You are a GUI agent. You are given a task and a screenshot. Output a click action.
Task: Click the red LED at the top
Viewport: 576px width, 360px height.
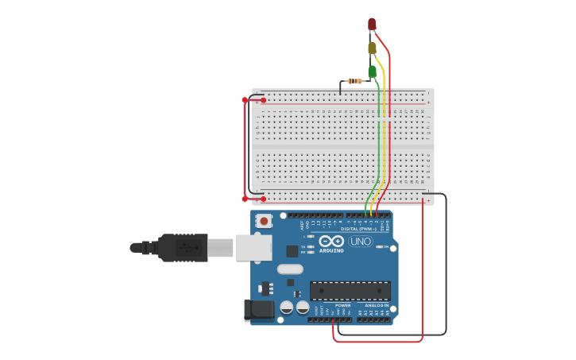coord(372,24)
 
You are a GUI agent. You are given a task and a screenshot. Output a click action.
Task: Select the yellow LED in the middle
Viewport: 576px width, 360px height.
coord(372,48)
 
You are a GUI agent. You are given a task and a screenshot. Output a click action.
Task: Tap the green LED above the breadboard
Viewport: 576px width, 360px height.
coord(372,72)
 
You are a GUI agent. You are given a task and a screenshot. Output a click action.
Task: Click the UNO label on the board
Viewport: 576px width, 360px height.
coord(360,242)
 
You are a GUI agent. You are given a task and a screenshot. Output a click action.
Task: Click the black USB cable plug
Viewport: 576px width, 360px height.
coord(183,248)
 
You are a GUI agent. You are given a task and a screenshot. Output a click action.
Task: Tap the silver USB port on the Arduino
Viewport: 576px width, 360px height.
coord(253,248)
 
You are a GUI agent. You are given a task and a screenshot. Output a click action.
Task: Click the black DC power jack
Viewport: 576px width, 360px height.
coord(258,310)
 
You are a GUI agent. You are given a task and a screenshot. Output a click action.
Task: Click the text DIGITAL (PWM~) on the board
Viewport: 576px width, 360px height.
coord(358,229)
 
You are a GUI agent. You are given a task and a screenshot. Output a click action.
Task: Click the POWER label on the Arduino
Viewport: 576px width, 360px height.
coord(342,305)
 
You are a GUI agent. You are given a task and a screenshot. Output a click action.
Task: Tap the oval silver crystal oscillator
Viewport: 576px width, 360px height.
coord(291,269)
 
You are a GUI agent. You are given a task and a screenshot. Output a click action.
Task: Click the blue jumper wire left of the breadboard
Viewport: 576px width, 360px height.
coord(245,149)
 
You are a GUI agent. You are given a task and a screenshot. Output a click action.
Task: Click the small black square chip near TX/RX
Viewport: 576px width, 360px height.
coord(292,251)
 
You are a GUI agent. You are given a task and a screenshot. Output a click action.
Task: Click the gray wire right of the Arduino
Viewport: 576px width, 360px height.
coord(446,262)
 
